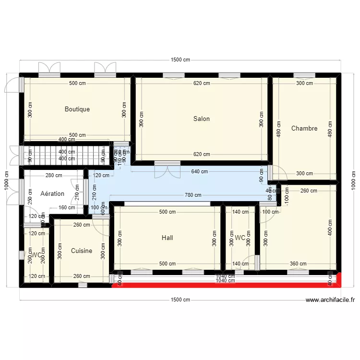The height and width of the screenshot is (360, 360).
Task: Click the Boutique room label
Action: (77, 109)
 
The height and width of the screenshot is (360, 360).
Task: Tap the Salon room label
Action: (202, 119)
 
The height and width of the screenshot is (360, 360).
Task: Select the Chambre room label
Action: (304, 129)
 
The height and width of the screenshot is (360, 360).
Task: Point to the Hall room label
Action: (168, 238)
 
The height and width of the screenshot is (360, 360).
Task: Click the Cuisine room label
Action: (82, 251)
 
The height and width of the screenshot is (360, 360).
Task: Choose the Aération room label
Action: (53, 194)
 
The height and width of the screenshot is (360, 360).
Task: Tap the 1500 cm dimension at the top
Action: (180, 60)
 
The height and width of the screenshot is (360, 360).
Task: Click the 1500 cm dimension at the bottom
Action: (180, 300)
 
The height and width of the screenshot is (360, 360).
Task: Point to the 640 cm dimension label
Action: (199, 171)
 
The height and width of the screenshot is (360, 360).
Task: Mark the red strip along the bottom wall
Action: (226, 285)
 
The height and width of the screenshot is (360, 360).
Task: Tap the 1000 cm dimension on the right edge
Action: (353, 180)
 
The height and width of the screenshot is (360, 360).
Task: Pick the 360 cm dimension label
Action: (298, 264)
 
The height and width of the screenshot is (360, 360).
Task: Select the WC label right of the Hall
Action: (240, 238)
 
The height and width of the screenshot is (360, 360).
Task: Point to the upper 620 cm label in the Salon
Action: (202, 83)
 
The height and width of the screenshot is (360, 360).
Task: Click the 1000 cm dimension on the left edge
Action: (6, 180)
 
